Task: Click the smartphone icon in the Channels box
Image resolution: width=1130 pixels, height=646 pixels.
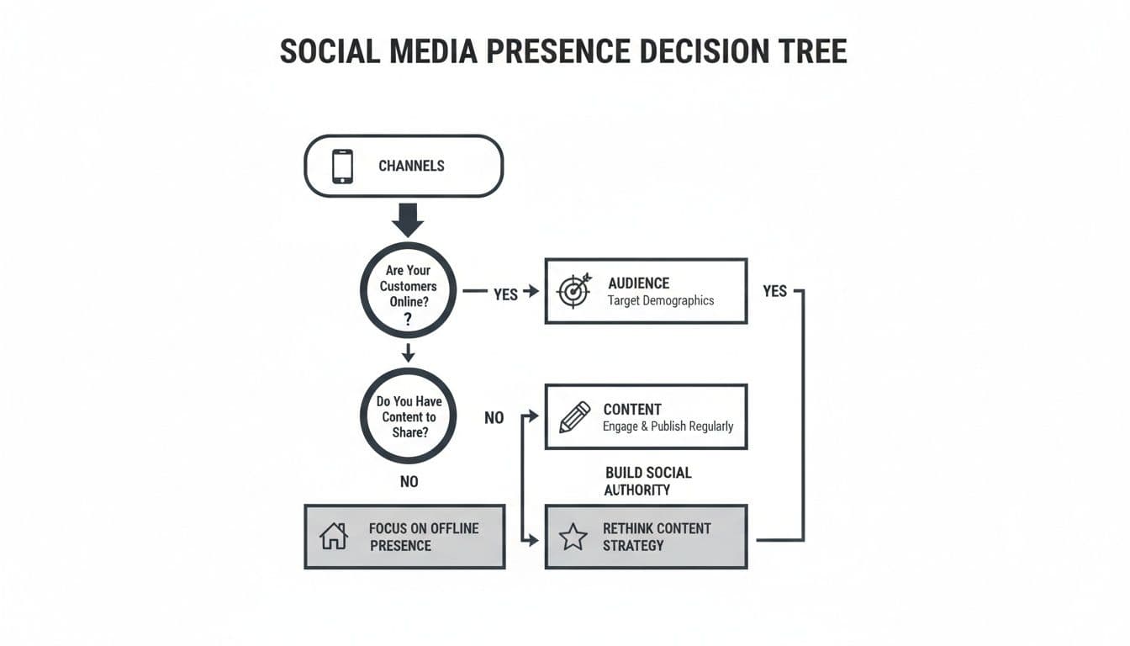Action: click(342, 166)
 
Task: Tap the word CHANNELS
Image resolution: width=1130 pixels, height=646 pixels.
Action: click(411, 166)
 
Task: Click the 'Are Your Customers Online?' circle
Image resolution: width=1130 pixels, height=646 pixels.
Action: click(408, 290)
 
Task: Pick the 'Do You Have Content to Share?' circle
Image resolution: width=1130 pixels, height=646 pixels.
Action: click(409, 416)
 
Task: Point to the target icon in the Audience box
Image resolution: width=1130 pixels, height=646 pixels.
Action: click(574, 291)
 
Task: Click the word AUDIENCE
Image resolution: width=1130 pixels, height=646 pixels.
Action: click(639, 283)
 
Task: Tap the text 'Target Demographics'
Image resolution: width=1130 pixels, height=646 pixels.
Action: click(660, 300)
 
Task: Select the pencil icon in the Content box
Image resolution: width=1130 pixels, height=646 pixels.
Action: click(574, 417)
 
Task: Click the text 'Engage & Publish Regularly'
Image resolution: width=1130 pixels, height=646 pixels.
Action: click(668, 426)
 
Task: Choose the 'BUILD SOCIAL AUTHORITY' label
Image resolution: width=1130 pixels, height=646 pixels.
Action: click(647, 481)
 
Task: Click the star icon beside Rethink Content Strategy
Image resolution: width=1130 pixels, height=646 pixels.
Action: click(573, 537)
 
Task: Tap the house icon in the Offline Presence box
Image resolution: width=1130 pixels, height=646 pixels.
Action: click(334, 537)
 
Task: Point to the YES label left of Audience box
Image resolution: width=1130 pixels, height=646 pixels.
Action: click(505, 294)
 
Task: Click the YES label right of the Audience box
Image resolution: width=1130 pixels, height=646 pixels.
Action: click(774, 291)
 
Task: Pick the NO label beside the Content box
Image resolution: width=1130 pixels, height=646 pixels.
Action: click(494, 417)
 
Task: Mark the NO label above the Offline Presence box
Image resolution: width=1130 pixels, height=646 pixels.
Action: click(409, 481)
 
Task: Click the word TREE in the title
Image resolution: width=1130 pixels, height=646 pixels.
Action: click(812, 51)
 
